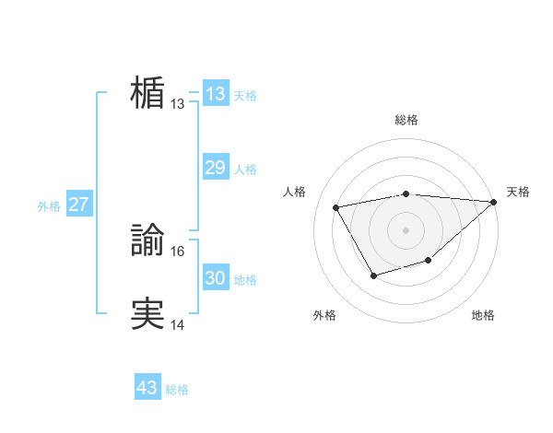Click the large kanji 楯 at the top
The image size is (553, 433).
pos(147,93)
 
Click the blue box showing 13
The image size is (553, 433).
pos(215,94)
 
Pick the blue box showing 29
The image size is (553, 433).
pos(215,168)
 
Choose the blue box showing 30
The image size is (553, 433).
pos(215,278)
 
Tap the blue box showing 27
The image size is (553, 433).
pos(79,205)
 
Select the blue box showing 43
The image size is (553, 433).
pos(147,388)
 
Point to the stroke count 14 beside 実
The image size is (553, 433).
pos(178,325)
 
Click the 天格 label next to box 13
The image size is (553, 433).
pos(245,96)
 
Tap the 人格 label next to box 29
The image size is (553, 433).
pos(245,170)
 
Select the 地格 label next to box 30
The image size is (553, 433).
pos(245,280)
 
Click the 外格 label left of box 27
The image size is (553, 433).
pos(49,206)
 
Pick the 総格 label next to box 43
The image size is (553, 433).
pos(177,390)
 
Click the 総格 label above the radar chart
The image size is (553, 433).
pos(406,120)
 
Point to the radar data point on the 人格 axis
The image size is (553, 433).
pos(336,207)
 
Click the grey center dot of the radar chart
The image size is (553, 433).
pos(406,229)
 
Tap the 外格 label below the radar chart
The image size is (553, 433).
pos(324,315)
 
